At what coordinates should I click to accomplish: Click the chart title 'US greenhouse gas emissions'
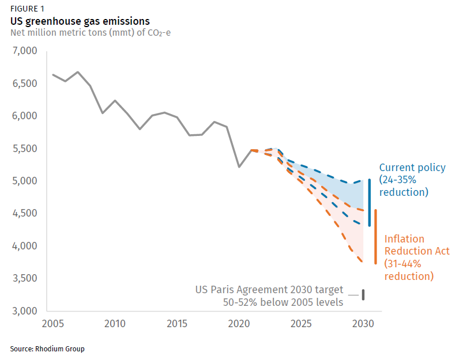tap(80, 21)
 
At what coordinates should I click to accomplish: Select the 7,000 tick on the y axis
tap(25, 51)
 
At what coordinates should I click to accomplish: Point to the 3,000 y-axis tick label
tap(25, 311)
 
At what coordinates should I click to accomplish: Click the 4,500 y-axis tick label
tap(25, 214)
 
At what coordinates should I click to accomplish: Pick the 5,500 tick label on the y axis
tap(25, 149)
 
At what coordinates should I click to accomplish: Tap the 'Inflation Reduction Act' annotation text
tap(416, 251)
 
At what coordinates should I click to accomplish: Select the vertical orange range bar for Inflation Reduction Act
tap(376, 236)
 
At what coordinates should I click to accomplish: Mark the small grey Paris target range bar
tap(363, 294)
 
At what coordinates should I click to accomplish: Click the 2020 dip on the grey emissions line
tap(239, 167)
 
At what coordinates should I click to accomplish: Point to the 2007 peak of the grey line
tap(78, 72)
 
